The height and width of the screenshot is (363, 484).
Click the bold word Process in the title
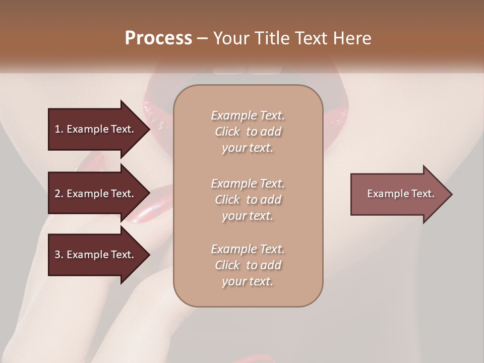(158, 38)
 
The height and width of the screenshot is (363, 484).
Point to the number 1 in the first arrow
(57, 129)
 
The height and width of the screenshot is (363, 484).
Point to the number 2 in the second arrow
(57, 194)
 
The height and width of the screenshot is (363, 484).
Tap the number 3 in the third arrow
(57, 255)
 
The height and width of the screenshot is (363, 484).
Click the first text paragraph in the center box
(248, 132)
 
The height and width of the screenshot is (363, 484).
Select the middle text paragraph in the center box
(248, 200)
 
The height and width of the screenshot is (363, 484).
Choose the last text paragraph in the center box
(248, 265)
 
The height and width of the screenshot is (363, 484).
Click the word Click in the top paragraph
(227, 132)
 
